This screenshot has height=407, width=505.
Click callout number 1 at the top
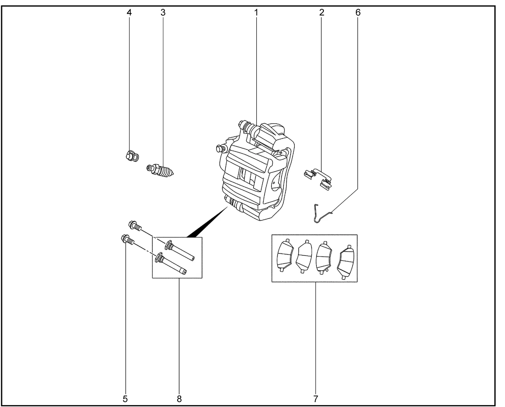tap(256, 13)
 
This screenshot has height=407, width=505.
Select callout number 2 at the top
tap(322, 13)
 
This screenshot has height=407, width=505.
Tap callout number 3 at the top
tap(163, 13)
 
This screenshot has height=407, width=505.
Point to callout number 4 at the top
tap(129, 13)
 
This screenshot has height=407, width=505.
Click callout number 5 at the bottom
tap(125, 398)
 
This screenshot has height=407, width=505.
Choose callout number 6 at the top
tap(358, 13)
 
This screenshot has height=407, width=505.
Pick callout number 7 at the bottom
tap(315, 398)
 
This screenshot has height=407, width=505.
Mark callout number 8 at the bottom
tap(179, 398)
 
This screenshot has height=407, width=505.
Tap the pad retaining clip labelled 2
tap(319, 177)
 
